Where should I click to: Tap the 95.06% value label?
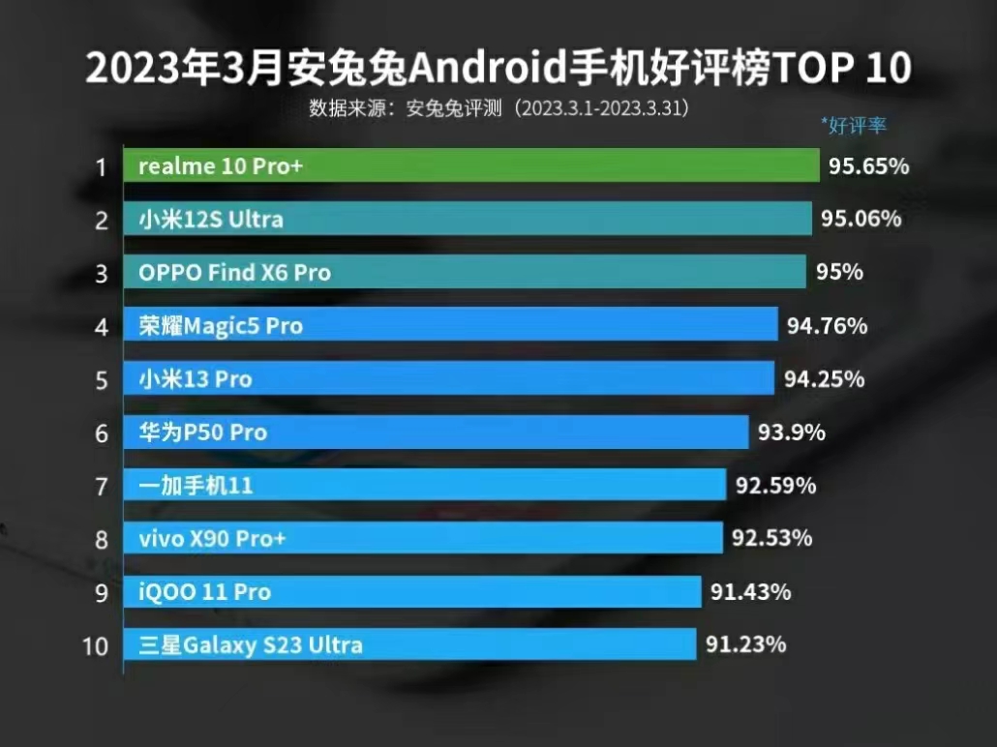[861, 219]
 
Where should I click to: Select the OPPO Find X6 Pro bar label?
[234, 273]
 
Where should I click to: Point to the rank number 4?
[101, 326]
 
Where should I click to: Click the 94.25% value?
[824, 378]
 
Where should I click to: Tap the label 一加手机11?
[196, 485]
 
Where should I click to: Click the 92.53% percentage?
[771, 537]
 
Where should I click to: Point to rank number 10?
[95, 645]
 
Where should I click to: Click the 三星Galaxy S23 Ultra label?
[250, 644]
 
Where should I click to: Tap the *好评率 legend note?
[853, 125]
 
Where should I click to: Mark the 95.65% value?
[868, 166]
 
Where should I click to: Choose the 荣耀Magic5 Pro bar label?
[221, 326]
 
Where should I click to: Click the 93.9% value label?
[791, 432]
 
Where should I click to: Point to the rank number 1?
[101, 167]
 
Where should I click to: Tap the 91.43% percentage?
[750, 591]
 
